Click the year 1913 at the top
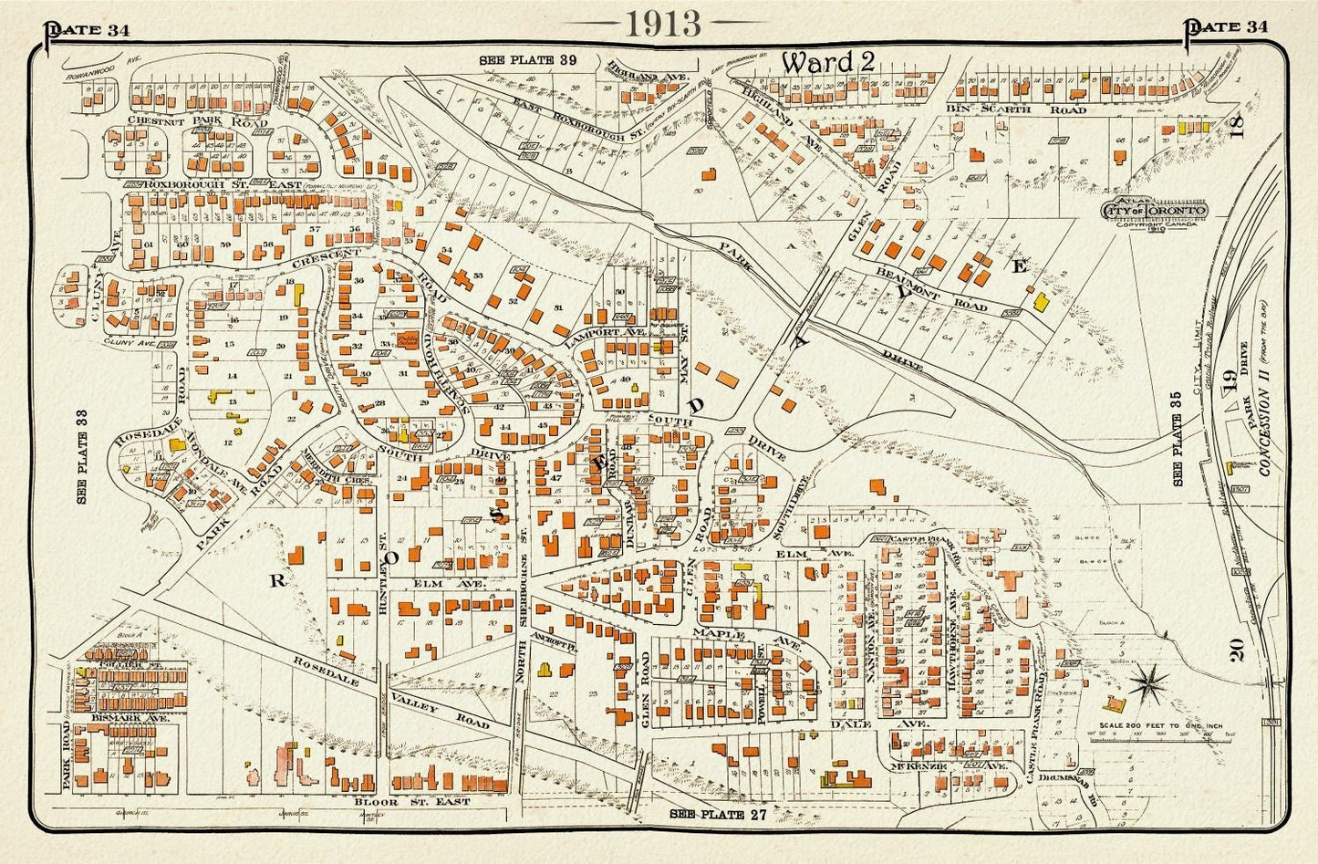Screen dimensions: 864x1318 click(663, 23)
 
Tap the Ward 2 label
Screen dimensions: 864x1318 click(828, 62)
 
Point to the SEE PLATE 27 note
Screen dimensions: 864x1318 click(718, 813)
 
